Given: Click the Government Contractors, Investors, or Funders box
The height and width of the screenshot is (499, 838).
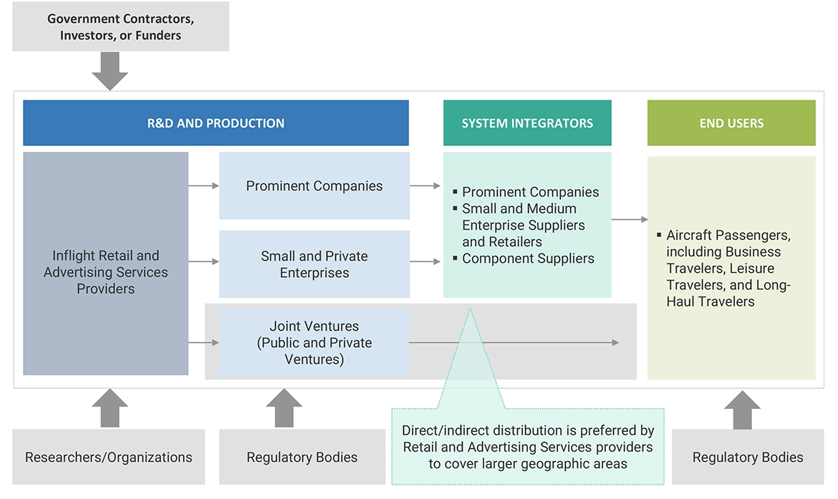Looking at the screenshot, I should pyautogui.click(x=120, y=26).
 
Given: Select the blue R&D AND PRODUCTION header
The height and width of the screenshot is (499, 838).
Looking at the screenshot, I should pyautogui.click(x=216, y=123).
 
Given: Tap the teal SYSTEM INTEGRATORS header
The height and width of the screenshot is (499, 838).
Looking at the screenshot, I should pyautogui.click(x=527, y=123).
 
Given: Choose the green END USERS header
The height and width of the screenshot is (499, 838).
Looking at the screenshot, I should pyautogui.click(x=731, y=123).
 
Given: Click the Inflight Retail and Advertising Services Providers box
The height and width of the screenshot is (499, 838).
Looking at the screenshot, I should pyautogui.click(x=105, y=272).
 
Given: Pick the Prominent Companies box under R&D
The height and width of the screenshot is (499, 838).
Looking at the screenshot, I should pyautogui.click(x=314, y=186).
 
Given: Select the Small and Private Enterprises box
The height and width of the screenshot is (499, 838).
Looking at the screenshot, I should pyautogui.click(x=314, y=264).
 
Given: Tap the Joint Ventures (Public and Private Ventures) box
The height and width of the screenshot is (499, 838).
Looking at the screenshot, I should pyautogui.click(x=314, y=343).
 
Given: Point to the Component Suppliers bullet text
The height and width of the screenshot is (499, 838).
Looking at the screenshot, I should pyautogui.click(x=528, y=258).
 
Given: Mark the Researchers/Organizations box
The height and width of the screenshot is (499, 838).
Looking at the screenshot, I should pyautogui.click(x=109, y=457).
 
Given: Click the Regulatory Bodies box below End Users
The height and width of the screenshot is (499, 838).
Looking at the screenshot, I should pyautogui.click(x=748, y=457).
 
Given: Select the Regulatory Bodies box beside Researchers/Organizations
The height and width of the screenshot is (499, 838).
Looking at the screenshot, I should pyautogui.click(x=302, y=457).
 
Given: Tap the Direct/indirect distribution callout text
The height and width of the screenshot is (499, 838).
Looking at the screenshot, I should pyautogui.click(x=528, y=447).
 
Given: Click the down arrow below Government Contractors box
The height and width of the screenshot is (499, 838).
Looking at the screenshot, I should pyautogui.click(x=110, y=72).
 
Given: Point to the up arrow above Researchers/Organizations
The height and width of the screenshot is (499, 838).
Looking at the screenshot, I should pyautogui.click(x=110, y=408).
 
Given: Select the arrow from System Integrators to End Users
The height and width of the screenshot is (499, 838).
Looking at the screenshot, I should pyautogui.click(x=629, y=220).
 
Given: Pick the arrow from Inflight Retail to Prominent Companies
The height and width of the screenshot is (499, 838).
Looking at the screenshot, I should pyautogui.click(x=203, y=186).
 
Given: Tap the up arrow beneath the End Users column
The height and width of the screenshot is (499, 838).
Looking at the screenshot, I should pyautogui.click(x=742, y=410).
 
